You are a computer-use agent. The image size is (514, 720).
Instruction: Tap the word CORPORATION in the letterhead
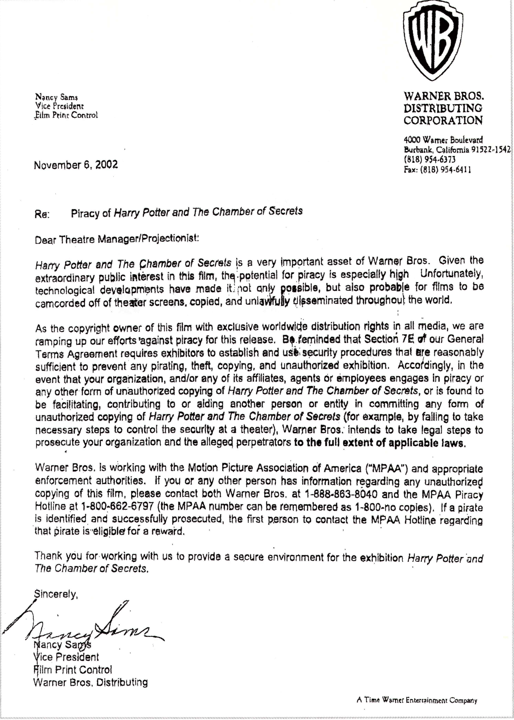443,121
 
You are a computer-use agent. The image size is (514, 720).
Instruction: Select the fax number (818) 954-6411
437,170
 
